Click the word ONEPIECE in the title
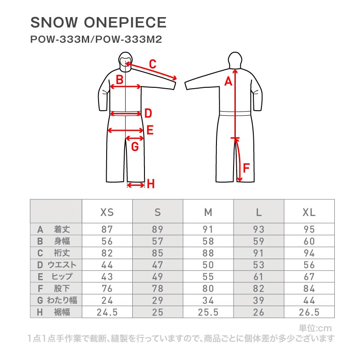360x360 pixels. point(125,22)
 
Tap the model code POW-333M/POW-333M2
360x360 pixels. point(96,39)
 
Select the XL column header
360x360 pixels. point(309,212)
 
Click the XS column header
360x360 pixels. point(107,212)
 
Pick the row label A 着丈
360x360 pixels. point(54,229)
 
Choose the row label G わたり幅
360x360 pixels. point(57,300)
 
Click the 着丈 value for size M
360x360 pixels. point(208,229)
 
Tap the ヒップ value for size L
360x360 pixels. point(258,276)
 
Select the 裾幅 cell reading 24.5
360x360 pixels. point(107,312)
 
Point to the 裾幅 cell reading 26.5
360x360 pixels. point(309,312)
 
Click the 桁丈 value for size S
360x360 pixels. point(157,253)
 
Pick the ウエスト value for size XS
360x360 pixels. point(107,265)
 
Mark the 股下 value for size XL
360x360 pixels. point(309,288)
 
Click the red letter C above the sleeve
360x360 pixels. point(153,64)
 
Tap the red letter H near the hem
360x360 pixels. point(151,184)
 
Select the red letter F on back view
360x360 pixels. point(246,168)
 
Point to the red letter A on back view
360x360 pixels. point(229,81)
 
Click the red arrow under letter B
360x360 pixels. point(126,86)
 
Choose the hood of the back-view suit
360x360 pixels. point(235,60)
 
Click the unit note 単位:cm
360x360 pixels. point(315,328)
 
